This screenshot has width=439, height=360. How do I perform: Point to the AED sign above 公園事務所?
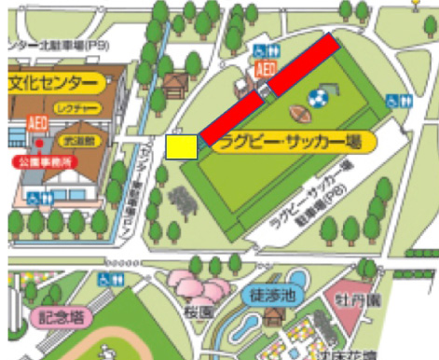pos(38,122)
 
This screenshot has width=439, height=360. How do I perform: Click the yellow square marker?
pos(181,146)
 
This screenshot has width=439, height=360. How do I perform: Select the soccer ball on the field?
pos(318,96)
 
